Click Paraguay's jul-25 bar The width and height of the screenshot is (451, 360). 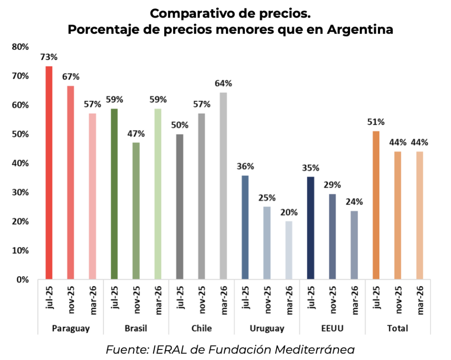48,172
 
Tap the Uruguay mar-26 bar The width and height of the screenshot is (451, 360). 288,250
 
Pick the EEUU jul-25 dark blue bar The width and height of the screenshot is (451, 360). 311,227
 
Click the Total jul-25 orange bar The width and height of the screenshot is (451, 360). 376,205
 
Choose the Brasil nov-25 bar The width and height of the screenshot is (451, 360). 136,211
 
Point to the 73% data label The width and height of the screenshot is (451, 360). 49,57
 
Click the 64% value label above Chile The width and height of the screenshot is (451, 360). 223,83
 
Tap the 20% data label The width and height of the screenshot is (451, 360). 288,212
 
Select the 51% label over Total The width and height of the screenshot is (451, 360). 376,122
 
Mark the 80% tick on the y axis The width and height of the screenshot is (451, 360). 20,47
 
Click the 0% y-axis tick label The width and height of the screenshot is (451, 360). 22,279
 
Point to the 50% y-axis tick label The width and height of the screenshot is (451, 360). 20,134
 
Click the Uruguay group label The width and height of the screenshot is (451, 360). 267,328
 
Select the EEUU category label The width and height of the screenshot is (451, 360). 333,328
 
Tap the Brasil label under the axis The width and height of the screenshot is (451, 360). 136,328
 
